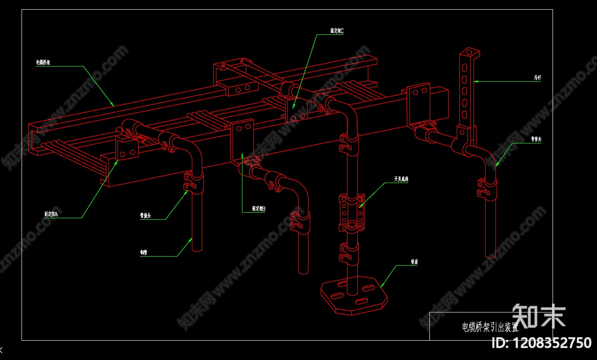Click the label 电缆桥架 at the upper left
click(43, 62)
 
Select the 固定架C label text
click(337, 31)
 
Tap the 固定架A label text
click(51, 214)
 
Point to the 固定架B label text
click(259, 209)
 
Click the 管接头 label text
click(146, 216)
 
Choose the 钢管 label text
click(143, 253)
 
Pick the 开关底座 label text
click(401, 179)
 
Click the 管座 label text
click(414, 262)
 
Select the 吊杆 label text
click(537, 78)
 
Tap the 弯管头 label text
click(535, 140)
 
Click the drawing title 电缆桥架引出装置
click(490, 327)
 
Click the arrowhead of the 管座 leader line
click(381, 287)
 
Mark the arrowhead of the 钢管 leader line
click(192, 238)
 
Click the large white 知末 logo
click(538, 316)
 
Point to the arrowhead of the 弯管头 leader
click(496, 166)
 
